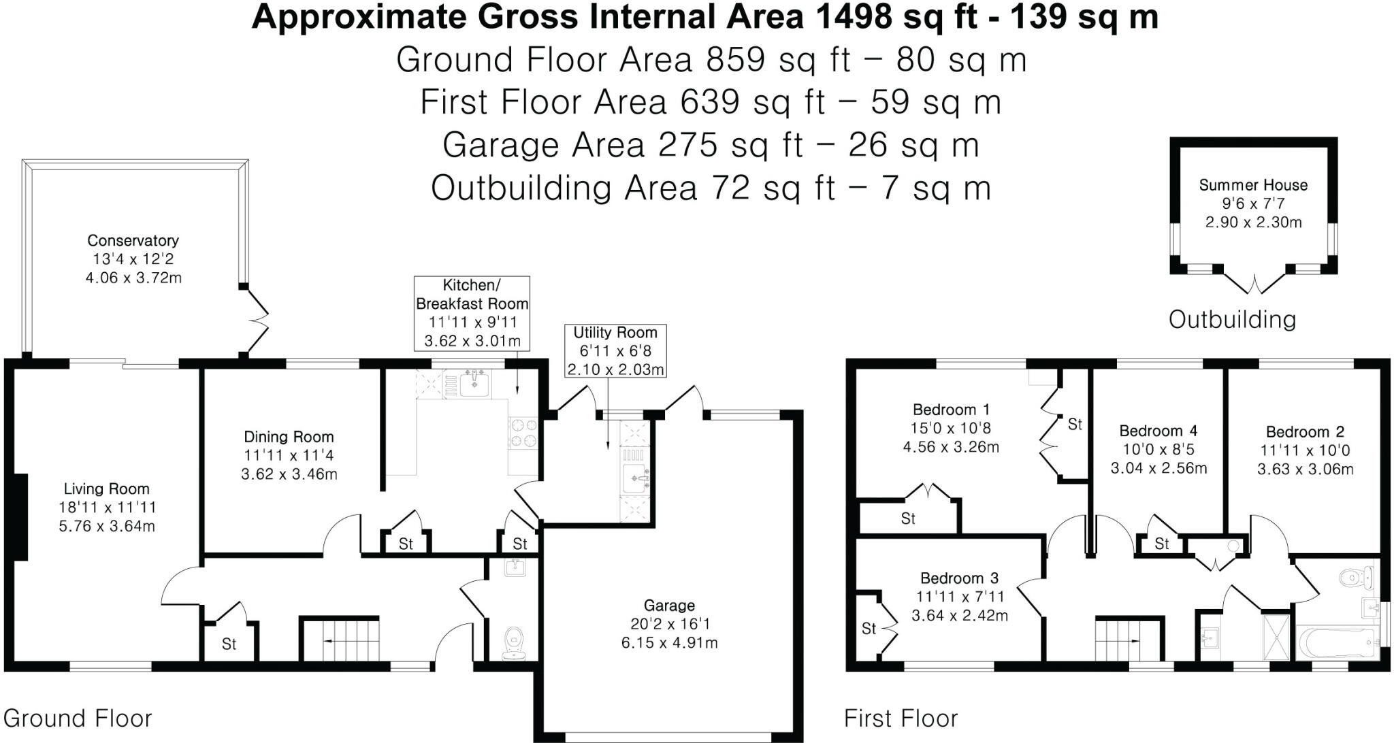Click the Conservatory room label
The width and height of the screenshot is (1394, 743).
[x=133, y=240]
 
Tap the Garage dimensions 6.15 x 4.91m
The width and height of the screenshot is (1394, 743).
[x=669, y=642]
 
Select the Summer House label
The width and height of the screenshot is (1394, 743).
[x=1253, y=185]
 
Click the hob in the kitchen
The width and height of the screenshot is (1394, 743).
[x=523, y=433]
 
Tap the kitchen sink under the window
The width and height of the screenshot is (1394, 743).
[x=474, y=384]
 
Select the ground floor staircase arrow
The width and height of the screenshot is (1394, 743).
[x=338, y=641]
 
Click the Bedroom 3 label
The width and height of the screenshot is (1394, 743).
[x=959, y=578]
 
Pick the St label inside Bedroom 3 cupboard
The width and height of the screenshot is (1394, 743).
[x=869, y=629]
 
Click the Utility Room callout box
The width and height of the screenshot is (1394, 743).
[x=615, y=351]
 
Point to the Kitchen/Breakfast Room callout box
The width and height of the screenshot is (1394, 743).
[x=472, y=313]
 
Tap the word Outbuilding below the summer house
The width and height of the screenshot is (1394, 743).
[x=1232, y=319]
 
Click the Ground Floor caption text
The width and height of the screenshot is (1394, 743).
[x=78, y=719]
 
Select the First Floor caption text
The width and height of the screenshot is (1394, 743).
[x=901, y=719]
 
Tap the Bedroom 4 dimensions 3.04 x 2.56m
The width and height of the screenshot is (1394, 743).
[x=1158, y=468]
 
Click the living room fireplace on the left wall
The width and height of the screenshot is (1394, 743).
[x=20, y=517]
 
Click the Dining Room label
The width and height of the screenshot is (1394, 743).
[x=289, y=437]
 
